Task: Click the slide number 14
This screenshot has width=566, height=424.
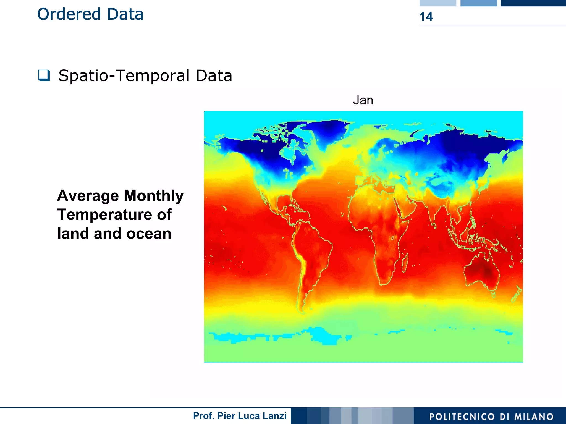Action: (426, 17)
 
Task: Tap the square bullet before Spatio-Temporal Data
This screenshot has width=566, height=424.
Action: (44, 75)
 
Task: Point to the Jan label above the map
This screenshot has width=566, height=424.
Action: (363, 100)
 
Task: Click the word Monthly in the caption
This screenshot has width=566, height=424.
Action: (154, 196)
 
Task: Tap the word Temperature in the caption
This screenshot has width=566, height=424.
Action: (104, 215)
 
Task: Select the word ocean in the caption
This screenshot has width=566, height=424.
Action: (149, 234)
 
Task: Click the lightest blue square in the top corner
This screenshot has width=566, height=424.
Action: (438, 3)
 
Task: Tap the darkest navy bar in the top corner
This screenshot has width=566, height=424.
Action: (533, 3)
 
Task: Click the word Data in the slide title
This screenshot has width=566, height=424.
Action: (125, 14)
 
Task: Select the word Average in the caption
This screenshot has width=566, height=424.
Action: (88, 196)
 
